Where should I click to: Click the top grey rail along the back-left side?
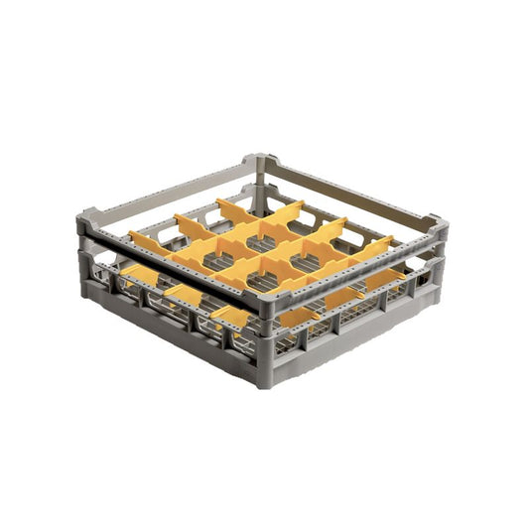[x=169, y=186]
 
